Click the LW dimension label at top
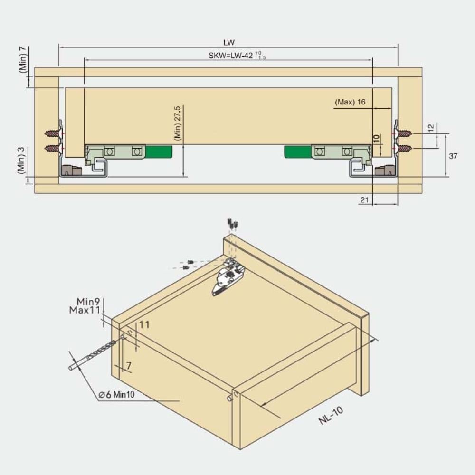coord(229,43)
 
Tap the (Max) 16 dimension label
coord(350,102)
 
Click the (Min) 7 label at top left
coord(23,59)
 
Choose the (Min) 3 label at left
coord(21,160)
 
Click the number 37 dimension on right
coord(453,156)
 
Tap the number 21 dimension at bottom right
coord(364,199)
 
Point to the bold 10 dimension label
coord(376,139)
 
